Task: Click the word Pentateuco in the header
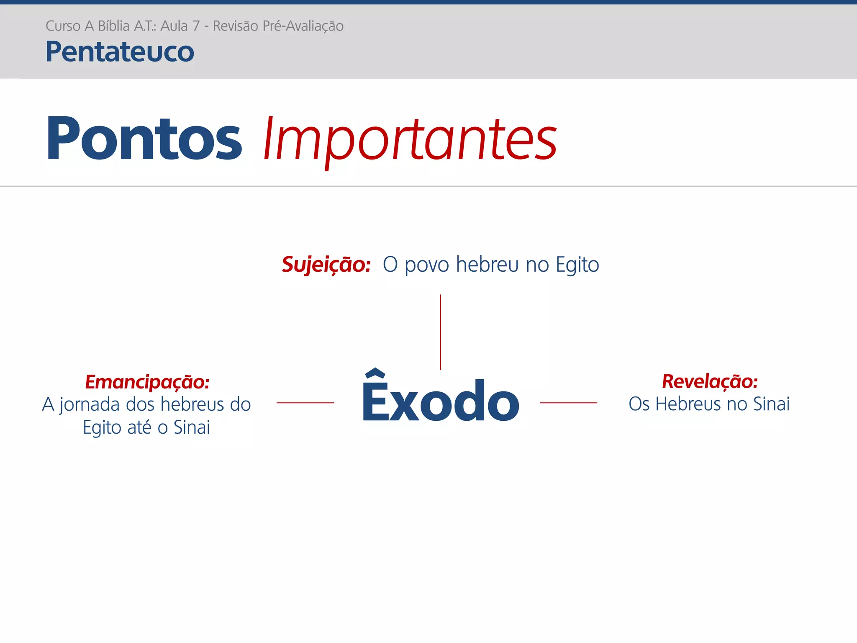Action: [120, 52]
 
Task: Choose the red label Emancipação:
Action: [147, 382]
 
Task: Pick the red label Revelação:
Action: [710, 381]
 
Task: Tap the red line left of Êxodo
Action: [305, 403]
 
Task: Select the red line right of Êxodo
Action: [568, 403]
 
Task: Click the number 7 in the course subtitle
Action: [195, 26]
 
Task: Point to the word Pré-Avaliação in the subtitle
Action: [303, 26]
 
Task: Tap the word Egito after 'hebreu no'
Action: [577, 265]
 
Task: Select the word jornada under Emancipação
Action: [90, 405]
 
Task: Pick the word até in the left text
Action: [139, 427]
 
